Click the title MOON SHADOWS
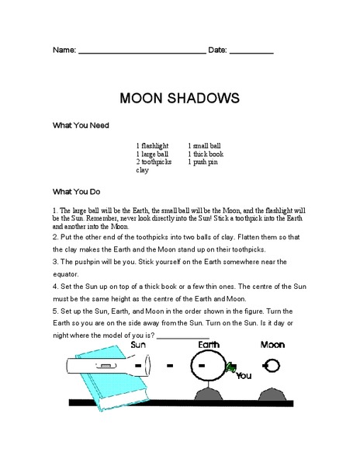[x=179, y=99]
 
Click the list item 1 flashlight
[x=152, y=145]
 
